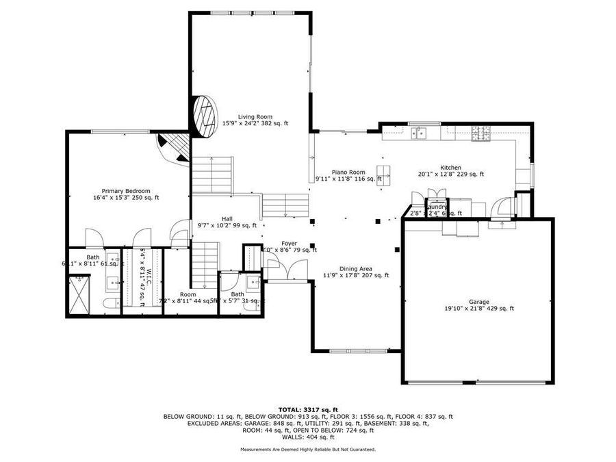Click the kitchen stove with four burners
click(x=481, y=133)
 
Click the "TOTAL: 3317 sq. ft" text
click(x=307, y=409)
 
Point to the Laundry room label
click(x=437, y=207)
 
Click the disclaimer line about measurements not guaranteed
click(x=307, y=449)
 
